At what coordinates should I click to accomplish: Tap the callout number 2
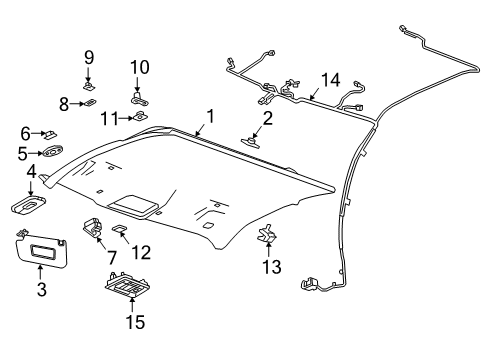pyautogui.click(x=267, y=119)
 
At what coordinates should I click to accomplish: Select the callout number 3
pyautogui.click(x=42, y=290)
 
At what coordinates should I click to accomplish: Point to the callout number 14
pyautogui.click(x=330, y=81)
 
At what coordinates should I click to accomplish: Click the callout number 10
pyautogui.click(x=139, y=67)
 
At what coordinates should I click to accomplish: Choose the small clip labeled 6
pyautogui.click(x=53, y=132)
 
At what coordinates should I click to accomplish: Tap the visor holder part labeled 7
pyautogui.click(x=96, y=228)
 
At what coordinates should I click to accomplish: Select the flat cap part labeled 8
pyautogui.click(x=90, y=102)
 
